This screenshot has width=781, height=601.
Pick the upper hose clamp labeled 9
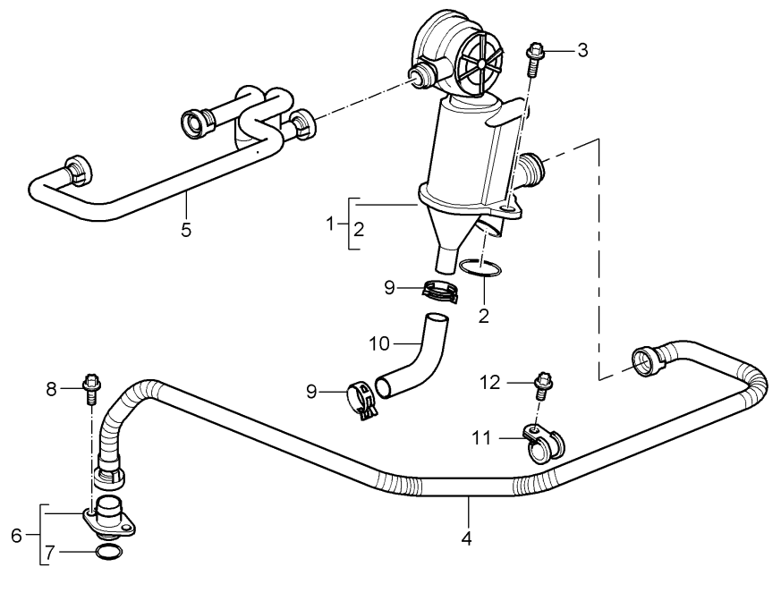click(x=439, y=292)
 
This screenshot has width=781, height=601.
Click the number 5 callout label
click(x=186, y=229)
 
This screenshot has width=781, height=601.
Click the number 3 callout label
click(x=582, y=49)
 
